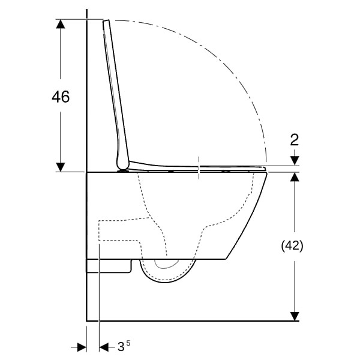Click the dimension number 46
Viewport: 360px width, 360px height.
point(61,97)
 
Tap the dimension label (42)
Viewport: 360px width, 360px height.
point(292,246)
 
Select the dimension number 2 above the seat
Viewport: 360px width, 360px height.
point(295,140)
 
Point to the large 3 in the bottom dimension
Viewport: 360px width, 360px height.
point(121,346)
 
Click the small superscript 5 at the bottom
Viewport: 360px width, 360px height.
point(128,343)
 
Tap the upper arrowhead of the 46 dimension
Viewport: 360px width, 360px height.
point(61,24)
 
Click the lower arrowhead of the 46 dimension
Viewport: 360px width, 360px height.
point(61,167)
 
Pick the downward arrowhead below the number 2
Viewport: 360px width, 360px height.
point(295,161)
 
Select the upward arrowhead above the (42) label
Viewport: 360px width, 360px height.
point(295,176)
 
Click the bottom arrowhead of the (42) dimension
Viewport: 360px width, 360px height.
point(295,316)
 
